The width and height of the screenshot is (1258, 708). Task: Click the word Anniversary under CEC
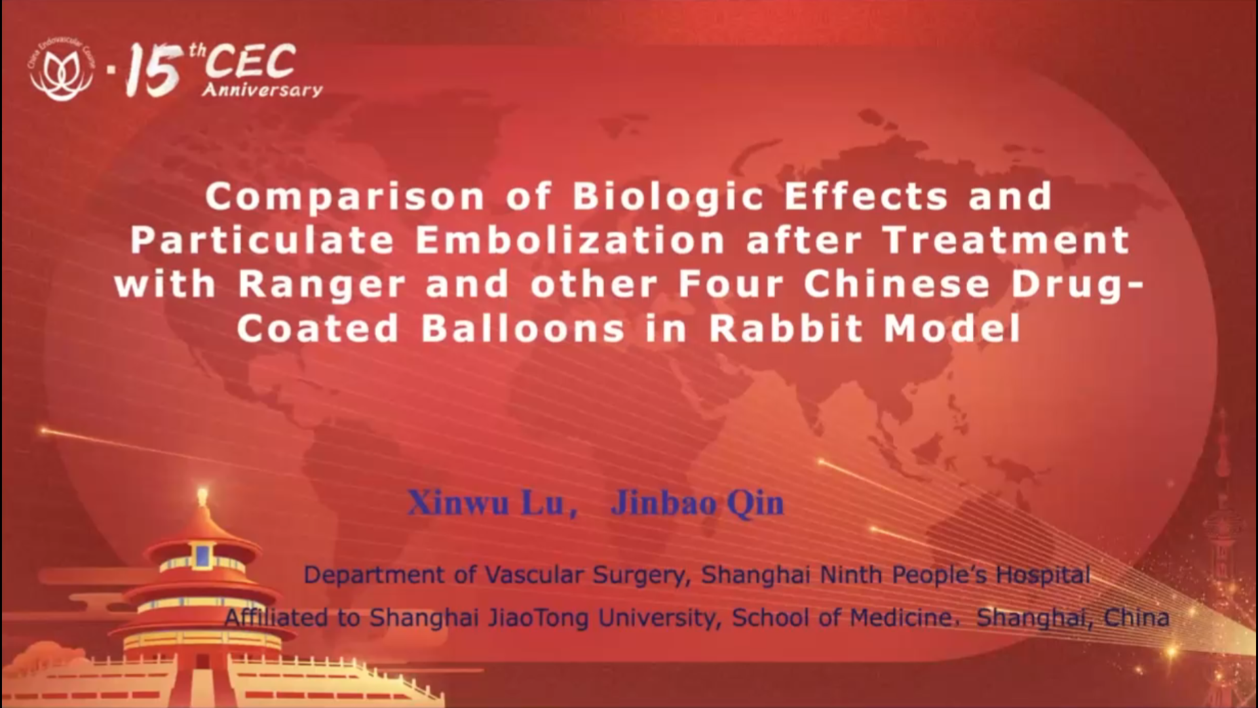[x=262, y=90]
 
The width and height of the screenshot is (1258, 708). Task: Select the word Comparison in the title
[x=345, y=197]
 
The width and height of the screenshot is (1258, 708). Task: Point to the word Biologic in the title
[x=668, y=197]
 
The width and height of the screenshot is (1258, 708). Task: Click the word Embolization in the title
[x=570, y=239]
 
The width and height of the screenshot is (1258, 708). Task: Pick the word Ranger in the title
[x=322, y=285]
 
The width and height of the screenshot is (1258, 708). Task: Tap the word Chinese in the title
[x=897, y=284]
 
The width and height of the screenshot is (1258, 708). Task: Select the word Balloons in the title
[x=522, y=328]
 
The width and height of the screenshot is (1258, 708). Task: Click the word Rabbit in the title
[x=786, y=328]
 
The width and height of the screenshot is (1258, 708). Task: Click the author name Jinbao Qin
[x=697, y=504]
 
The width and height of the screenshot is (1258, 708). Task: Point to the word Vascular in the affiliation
[x=534, y=575]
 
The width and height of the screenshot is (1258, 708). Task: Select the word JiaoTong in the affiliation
[x=538, y=618]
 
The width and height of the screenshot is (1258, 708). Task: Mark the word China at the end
[x=1137, y=618]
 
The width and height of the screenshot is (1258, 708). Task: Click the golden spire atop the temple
[x=202, y=501]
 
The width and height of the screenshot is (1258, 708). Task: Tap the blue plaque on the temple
[x=202, y=556]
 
